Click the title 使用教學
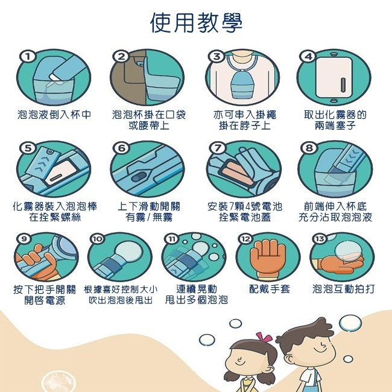pyautogui.click(x=196, y=23)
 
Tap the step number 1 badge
pyautogui.click(x=27, y=56)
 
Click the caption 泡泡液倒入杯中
pyautogui.click(x=54, y=114)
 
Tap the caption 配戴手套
pyautogui.click(x=270, y=289)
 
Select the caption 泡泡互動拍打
pyautogui.click(x=343, y=289)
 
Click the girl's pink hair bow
pyautogui.click(x=263, y=336)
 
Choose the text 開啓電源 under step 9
pyautogui.click(x=45, y=300)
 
